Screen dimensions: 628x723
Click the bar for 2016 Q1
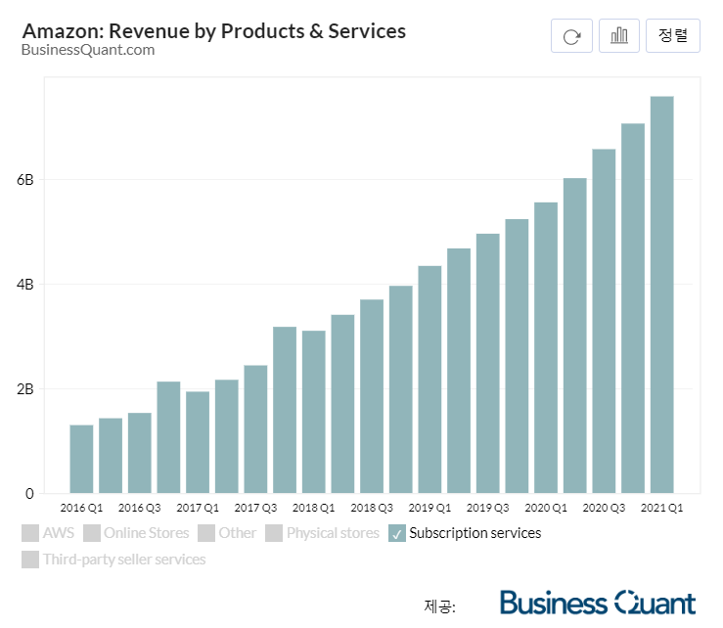click(x=81, y=459)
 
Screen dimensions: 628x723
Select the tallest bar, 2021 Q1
click(x=662, y=294)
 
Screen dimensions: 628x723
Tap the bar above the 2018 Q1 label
click(x=314, y=412)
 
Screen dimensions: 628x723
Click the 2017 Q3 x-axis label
click(x=255, y=509)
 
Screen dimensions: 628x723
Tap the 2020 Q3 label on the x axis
click(x=604, y=509)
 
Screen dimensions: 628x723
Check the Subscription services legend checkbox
click(x=397, y=534)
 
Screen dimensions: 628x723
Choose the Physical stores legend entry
click(x=322, y=534)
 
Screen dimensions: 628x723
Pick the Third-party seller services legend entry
click(x=113, y=561)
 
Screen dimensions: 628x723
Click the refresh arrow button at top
click(x=572, y=36)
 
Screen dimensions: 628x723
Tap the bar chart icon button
click(x=619, y=36)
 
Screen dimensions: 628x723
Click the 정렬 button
click(x=673, y=36)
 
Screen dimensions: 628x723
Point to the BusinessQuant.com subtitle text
click(x=88, y=51)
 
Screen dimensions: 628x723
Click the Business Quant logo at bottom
click(x=597, y=603)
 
